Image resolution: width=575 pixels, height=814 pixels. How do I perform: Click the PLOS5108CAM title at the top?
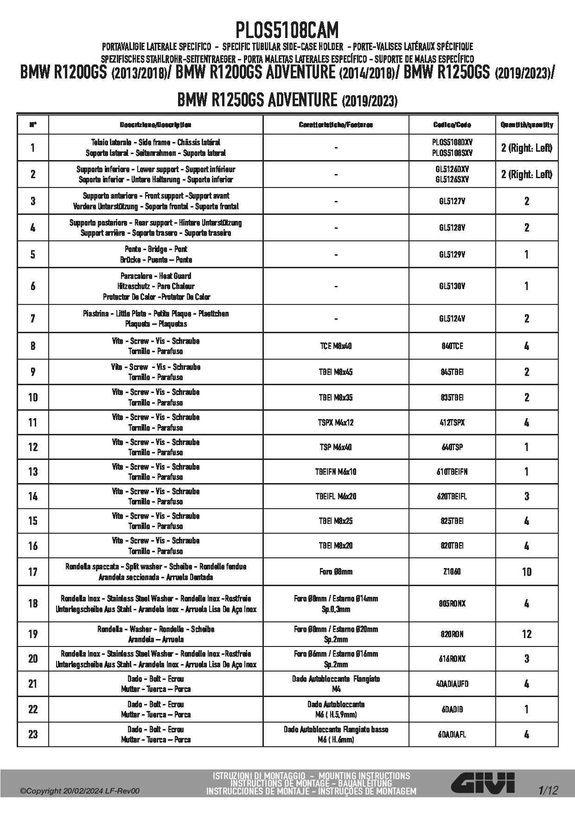(287, 31)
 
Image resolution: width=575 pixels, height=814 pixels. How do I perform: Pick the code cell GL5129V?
(452, 254)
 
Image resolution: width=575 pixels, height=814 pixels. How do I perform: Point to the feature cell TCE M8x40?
(336, 346)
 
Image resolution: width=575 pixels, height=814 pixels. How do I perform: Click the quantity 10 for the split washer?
(527, 572)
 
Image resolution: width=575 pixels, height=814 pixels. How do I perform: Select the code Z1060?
(452, 572)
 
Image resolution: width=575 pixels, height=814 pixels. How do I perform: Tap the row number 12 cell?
(33, 447)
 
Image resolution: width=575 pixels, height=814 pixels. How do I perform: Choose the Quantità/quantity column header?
(527, 125)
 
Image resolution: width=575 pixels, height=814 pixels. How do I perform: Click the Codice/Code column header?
(452, 125)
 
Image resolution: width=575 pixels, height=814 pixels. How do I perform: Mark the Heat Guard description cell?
(156, 286)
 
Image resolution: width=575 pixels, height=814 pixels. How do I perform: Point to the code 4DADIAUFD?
(452, 684)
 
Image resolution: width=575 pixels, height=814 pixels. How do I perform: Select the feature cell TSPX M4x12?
(336, 422)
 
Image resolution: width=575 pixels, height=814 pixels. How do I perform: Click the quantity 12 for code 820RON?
(527, 634)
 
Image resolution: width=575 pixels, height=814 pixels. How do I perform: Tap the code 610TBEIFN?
(452, 472)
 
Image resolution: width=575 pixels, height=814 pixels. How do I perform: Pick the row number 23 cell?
(33, 734)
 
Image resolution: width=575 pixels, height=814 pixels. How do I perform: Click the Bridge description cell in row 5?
(156, 254)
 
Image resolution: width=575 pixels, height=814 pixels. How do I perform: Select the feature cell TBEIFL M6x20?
(336, 496)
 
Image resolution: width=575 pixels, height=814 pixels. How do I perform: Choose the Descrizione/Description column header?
(156, 125)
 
